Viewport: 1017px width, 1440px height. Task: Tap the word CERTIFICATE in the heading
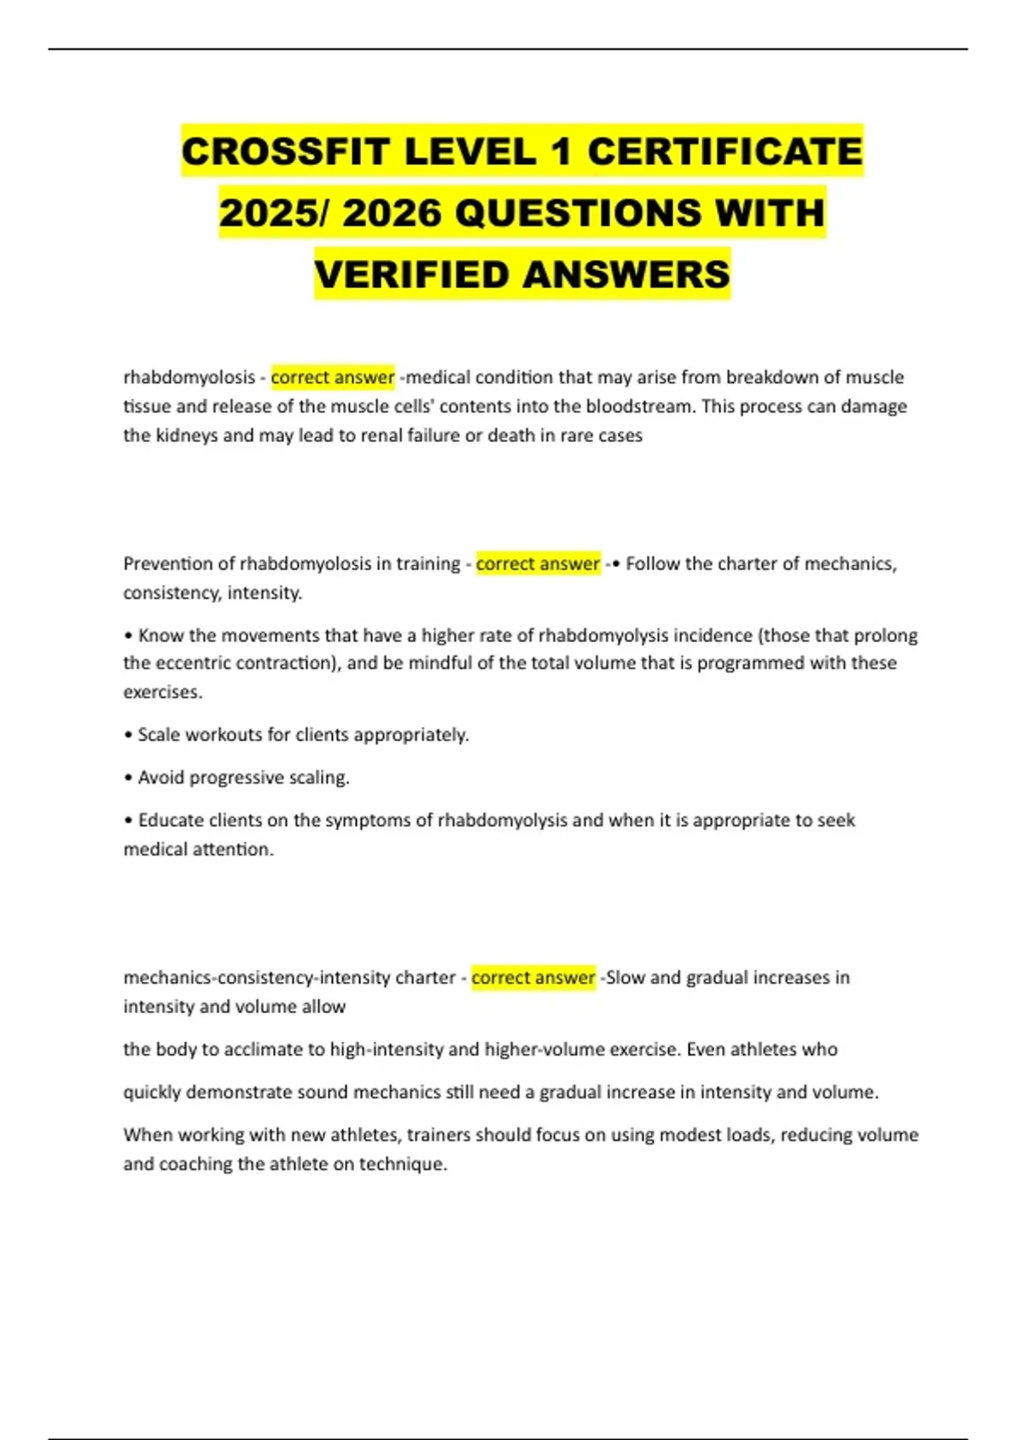coord(725,152)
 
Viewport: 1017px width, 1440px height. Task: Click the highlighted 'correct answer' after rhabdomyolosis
coord(332,377)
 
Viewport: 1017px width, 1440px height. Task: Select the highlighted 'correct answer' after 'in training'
coord(537,563)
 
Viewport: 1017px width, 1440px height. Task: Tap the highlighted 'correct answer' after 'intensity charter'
coord(533,978)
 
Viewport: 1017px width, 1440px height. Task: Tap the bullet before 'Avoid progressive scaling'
coord(128,778)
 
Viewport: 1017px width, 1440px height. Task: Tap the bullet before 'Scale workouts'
coord(128,734)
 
